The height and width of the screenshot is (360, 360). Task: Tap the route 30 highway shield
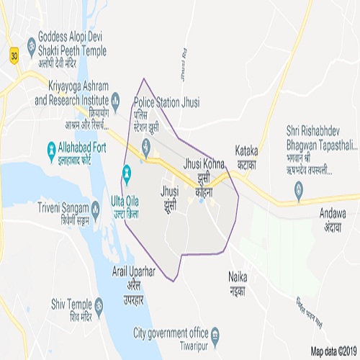[14, 54]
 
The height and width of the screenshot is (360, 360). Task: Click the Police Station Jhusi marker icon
[146, 150]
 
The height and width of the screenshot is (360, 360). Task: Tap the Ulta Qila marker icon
[127, 173]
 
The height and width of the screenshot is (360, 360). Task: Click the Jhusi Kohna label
[205, 170]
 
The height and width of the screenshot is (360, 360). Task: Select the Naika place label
[238, 282]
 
